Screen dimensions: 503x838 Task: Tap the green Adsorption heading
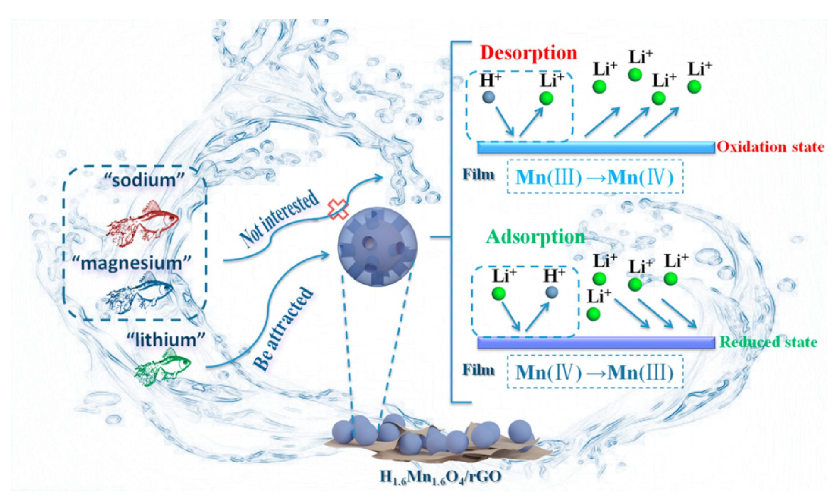(x=535, y=237)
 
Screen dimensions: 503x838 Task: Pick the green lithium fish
(x=163, y=369)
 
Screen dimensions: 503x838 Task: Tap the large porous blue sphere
(x=377, y=246)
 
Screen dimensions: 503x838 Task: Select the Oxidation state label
(x=770, y=147)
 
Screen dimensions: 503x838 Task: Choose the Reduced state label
(x=768, y=342)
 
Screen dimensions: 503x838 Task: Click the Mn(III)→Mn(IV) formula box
(x=594, y=177)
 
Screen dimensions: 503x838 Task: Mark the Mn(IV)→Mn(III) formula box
(x=594, y=372)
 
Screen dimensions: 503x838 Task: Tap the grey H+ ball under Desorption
(x=488, y=97)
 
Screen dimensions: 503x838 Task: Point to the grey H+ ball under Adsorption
(x=551, y=292)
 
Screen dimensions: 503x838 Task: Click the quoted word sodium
(x=144, y=180)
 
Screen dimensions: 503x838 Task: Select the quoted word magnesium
(x=132, y=263)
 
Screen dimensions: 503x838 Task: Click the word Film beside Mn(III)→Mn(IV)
(x=478, y=175)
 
